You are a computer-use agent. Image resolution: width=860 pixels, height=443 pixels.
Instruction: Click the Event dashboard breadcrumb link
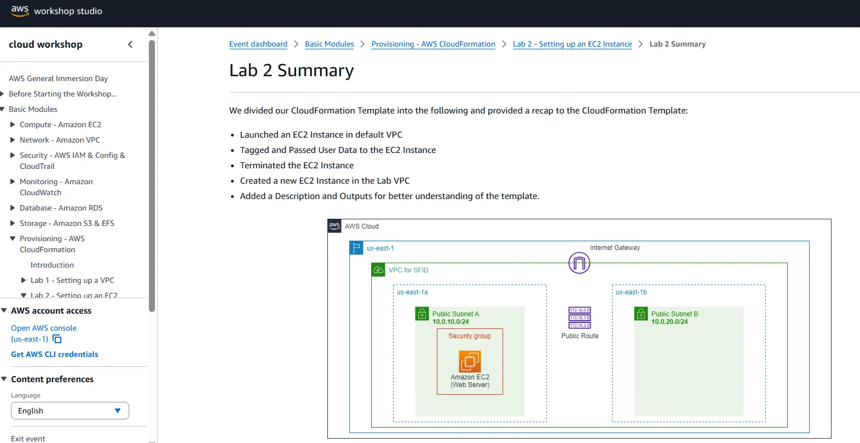(x=258, y=44)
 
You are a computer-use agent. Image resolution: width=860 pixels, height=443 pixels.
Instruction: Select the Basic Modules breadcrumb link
(x=330, y=44)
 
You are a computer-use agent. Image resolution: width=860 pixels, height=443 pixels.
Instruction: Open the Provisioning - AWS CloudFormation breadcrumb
(x=433, y=44)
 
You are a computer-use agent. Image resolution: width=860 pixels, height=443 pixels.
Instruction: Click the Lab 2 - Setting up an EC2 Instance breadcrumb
(x=572, y=44)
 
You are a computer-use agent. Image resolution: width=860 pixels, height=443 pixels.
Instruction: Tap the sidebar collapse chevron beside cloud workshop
(x=130, y=44)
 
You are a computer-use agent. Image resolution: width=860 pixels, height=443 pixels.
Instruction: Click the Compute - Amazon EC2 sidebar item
(x=60, y=124)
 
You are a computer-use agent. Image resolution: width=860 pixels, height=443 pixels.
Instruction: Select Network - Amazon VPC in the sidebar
(x=60, y=140)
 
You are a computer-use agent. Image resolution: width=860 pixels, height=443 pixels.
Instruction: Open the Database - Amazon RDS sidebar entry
(x=61, y=208)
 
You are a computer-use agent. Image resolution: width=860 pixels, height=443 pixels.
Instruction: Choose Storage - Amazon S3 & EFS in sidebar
(x=67, y=224)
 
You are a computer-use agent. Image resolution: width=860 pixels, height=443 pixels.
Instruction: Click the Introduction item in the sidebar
(x=52, y=265)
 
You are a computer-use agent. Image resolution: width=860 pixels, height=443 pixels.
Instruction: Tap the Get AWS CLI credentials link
(x=55, y=354)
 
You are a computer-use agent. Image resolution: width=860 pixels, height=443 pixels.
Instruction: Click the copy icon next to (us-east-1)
(x=57, y=339)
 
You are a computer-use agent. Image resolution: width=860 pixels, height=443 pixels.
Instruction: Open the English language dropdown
(x=70, y=411)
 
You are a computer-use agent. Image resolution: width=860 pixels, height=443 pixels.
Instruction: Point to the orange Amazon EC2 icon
(x=470, y=361)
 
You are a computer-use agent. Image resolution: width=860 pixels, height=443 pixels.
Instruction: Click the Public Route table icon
(x=579, y=317)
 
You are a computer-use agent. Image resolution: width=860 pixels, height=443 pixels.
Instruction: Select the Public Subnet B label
(x=674, y=314)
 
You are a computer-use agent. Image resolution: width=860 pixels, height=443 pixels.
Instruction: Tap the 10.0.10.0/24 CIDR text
(x=451, y=322)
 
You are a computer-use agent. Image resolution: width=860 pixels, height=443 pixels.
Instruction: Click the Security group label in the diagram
(x=470, y=336)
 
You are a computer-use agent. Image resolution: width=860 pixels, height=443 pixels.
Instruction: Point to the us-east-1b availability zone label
(x=631, y=292)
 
